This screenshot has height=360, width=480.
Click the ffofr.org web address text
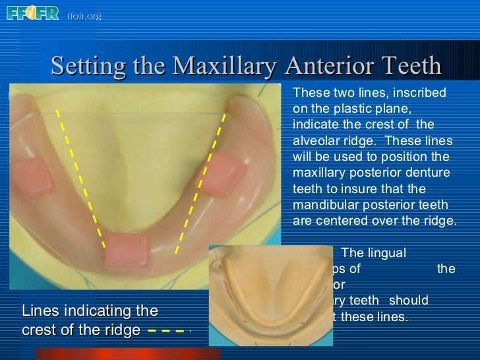tap(84, 15)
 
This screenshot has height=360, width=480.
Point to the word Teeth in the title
tap(408, 66)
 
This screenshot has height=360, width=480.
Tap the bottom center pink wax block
tap(127, 251)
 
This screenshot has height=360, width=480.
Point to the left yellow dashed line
tap(80, 178)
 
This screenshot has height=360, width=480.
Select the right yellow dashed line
tap(201, 181)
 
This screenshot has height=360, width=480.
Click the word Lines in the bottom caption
tap(39, 311)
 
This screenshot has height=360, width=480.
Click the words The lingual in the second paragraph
tap(374, 252)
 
